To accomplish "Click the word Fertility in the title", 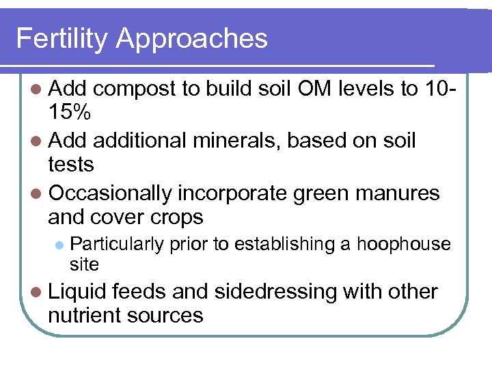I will pos(61,38).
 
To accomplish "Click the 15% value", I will pos(73,113).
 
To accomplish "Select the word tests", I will pos(71,165).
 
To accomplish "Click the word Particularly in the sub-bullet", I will pos(117,244).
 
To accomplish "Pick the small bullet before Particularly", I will pos(59,245).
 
